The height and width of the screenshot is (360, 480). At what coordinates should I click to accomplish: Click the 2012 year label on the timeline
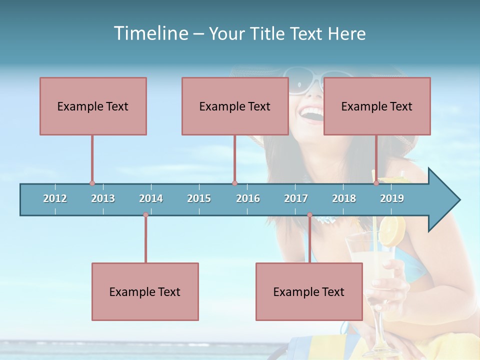point(55,198)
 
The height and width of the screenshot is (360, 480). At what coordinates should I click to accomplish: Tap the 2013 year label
point(103,198)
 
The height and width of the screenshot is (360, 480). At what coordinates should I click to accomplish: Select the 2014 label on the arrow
point(151,198)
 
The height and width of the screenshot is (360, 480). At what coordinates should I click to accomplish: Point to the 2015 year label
point(199,198)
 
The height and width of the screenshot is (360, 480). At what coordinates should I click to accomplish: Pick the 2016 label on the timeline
point(248,198)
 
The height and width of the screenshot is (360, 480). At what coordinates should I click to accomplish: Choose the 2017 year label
point(296,198)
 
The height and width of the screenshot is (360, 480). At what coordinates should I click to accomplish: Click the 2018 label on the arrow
point(344,198)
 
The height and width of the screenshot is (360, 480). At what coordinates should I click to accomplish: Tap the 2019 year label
point(392,198)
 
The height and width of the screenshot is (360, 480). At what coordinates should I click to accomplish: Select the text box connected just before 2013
point(93,106)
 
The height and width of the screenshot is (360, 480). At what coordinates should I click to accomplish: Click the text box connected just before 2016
point(235,106)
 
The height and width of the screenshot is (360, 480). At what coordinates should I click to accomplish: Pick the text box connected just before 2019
point(377,106)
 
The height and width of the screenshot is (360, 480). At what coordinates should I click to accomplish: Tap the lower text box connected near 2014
point(145,291)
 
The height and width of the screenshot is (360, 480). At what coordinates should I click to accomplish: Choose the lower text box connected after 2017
point(309,291)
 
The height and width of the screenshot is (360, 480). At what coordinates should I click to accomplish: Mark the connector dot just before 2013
point(92,183)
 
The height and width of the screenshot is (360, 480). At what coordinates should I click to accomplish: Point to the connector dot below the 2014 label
point(145,215)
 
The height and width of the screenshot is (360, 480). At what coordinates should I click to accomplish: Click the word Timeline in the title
point(150,33)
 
